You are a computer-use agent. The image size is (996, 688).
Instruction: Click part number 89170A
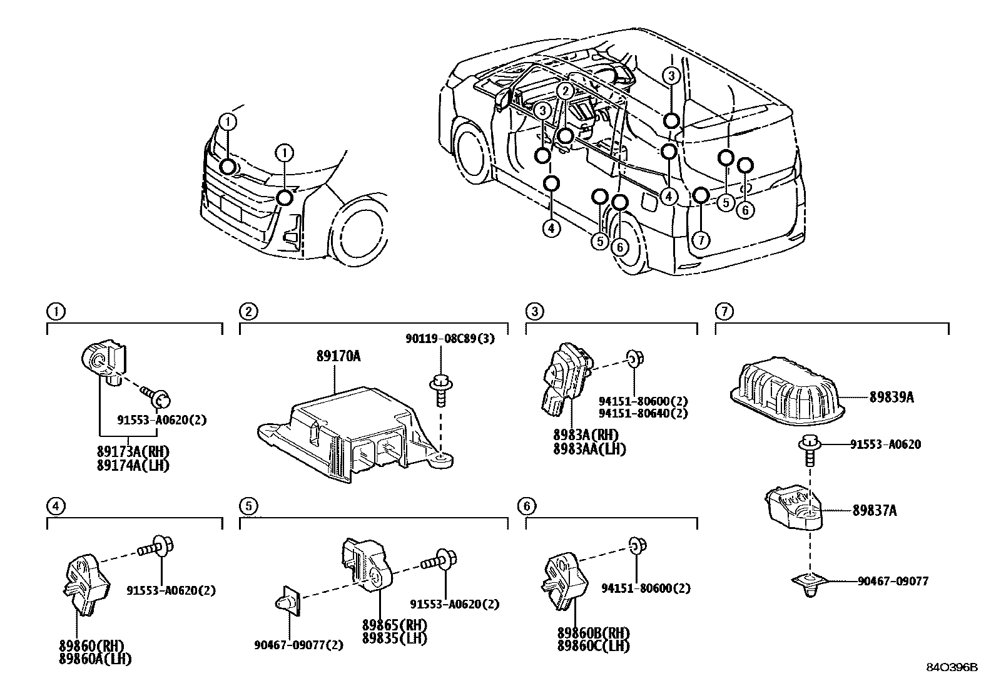coord(338,357)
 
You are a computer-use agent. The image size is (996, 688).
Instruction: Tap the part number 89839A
coord(892,397)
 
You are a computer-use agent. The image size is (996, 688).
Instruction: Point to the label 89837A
coord(875,511)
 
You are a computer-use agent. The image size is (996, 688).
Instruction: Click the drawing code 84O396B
coord(952,667)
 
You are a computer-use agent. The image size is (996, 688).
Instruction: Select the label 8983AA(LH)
coord(589,449)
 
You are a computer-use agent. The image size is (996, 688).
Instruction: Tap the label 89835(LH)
coord(395,638)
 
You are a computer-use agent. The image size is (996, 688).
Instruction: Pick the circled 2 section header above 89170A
coord(248,311)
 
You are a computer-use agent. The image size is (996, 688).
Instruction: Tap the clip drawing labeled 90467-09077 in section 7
coord(811,583)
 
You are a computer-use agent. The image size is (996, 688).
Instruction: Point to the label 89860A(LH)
coord(95,659)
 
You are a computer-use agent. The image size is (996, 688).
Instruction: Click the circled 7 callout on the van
coord(701,239)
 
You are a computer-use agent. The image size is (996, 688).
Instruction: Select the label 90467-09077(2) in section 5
coord(299,645)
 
